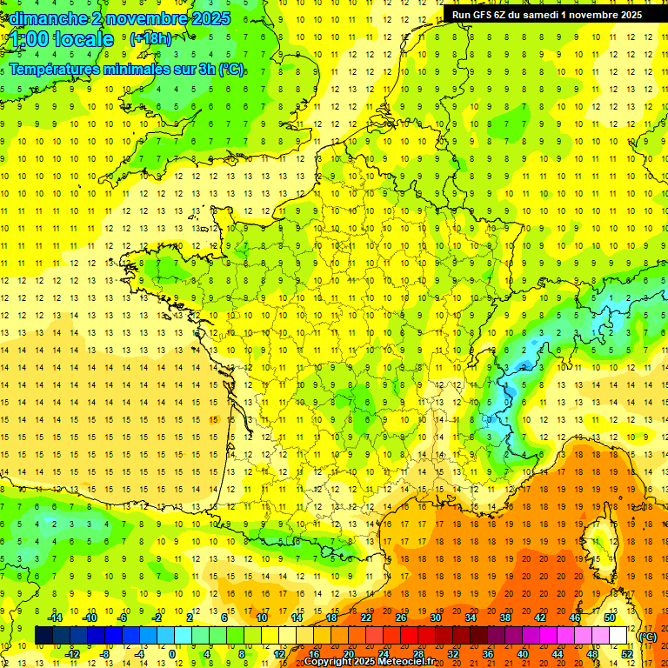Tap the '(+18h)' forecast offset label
[150, 38]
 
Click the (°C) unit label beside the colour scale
[648, 636]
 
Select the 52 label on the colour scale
[627, 653]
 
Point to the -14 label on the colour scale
[55, 617]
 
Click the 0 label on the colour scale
[172, 653]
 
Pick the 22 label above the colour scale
[366, 617]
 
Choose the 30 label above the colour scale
[436, 617]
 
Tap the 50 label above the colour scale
[610, 617]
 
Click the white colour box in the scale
[618, 635]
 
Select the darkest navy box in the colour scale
[44, 635]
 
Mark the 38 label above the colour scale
[505, 617]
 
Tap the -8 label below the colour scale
[106, 653]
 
